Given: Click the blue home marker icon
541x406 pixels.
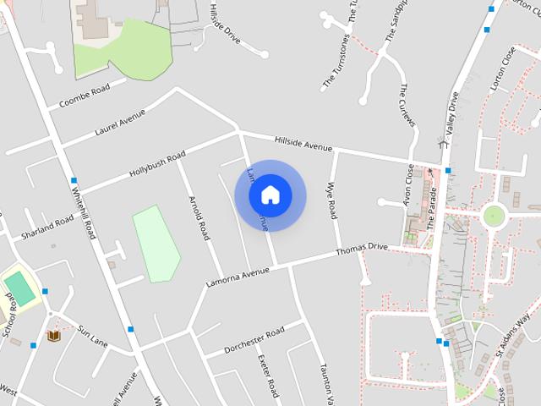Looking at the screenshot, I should tap(270, 195).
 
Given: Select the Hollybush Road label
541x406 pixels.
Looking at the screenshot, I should tap(157, 164).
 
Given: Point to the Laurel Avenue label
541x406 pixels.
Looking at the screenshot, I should tap(121, 123).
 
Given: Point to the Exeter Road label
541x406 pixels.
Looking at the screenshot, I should tap(268, 376).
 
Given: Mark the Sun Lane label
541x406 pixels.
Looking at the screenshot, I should tap(93, 336).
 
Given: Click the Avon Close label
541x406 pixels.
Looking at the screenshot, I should tap(408, 184).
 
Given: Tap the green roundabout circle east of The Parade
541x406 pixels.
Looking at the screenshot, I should tap(493, 217).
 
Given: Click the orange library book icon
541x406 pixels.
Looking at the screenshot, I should tap(54, 337).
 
